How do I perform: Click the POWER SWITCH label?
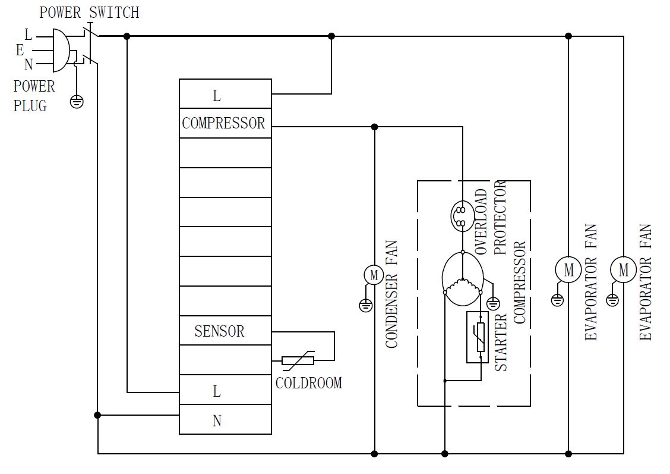tap(89, 12)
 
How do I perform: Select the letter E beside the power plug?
tap(20, 51)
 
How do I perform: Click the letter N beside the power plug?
tap(28, 65)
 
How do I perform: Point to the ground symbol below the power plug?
tap(77, 101)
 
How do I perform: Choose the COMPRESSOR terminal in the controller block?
tap(223, 124)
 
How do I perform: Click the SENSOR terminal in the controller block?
tap(219, 331)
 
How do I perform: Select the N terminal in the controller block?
tap(217, 421)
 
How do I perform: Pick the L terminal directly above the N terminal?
tap(217, 391)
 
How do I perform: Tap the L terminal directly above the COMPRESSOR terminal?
tap(217, 95)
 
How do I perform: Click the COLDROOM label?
tap(309, 383)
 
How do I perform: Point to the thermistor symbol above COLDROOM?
tap(298, 360)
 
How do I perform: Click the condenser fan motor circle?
tap(374, 275)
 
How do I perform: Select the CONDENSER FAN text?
tap(391, 294)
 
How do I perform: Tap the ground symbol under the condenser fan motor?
tap(366, 306)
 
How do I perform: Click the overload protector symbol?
tap(460, 216)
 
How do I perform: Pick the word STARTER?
tap(501, 343)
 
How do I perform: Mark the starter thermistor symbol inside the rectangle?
tap(478, 336)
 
